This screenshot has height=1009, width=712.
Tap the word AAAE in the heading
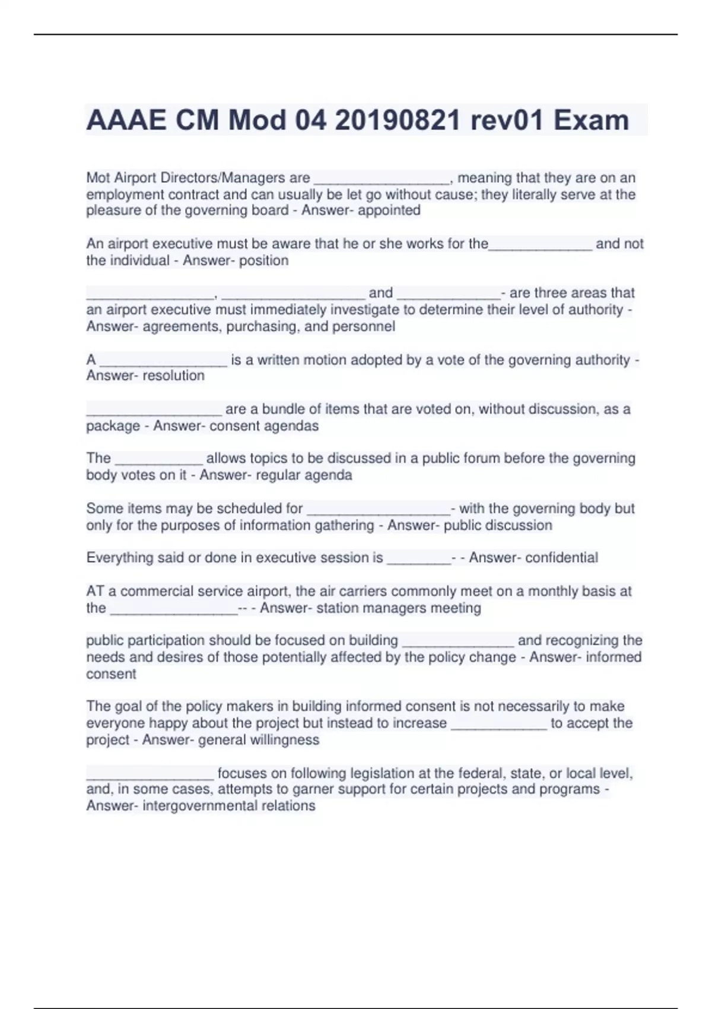coord(126,120)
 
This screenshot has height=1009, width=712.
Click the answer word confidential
coord(561,558)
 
